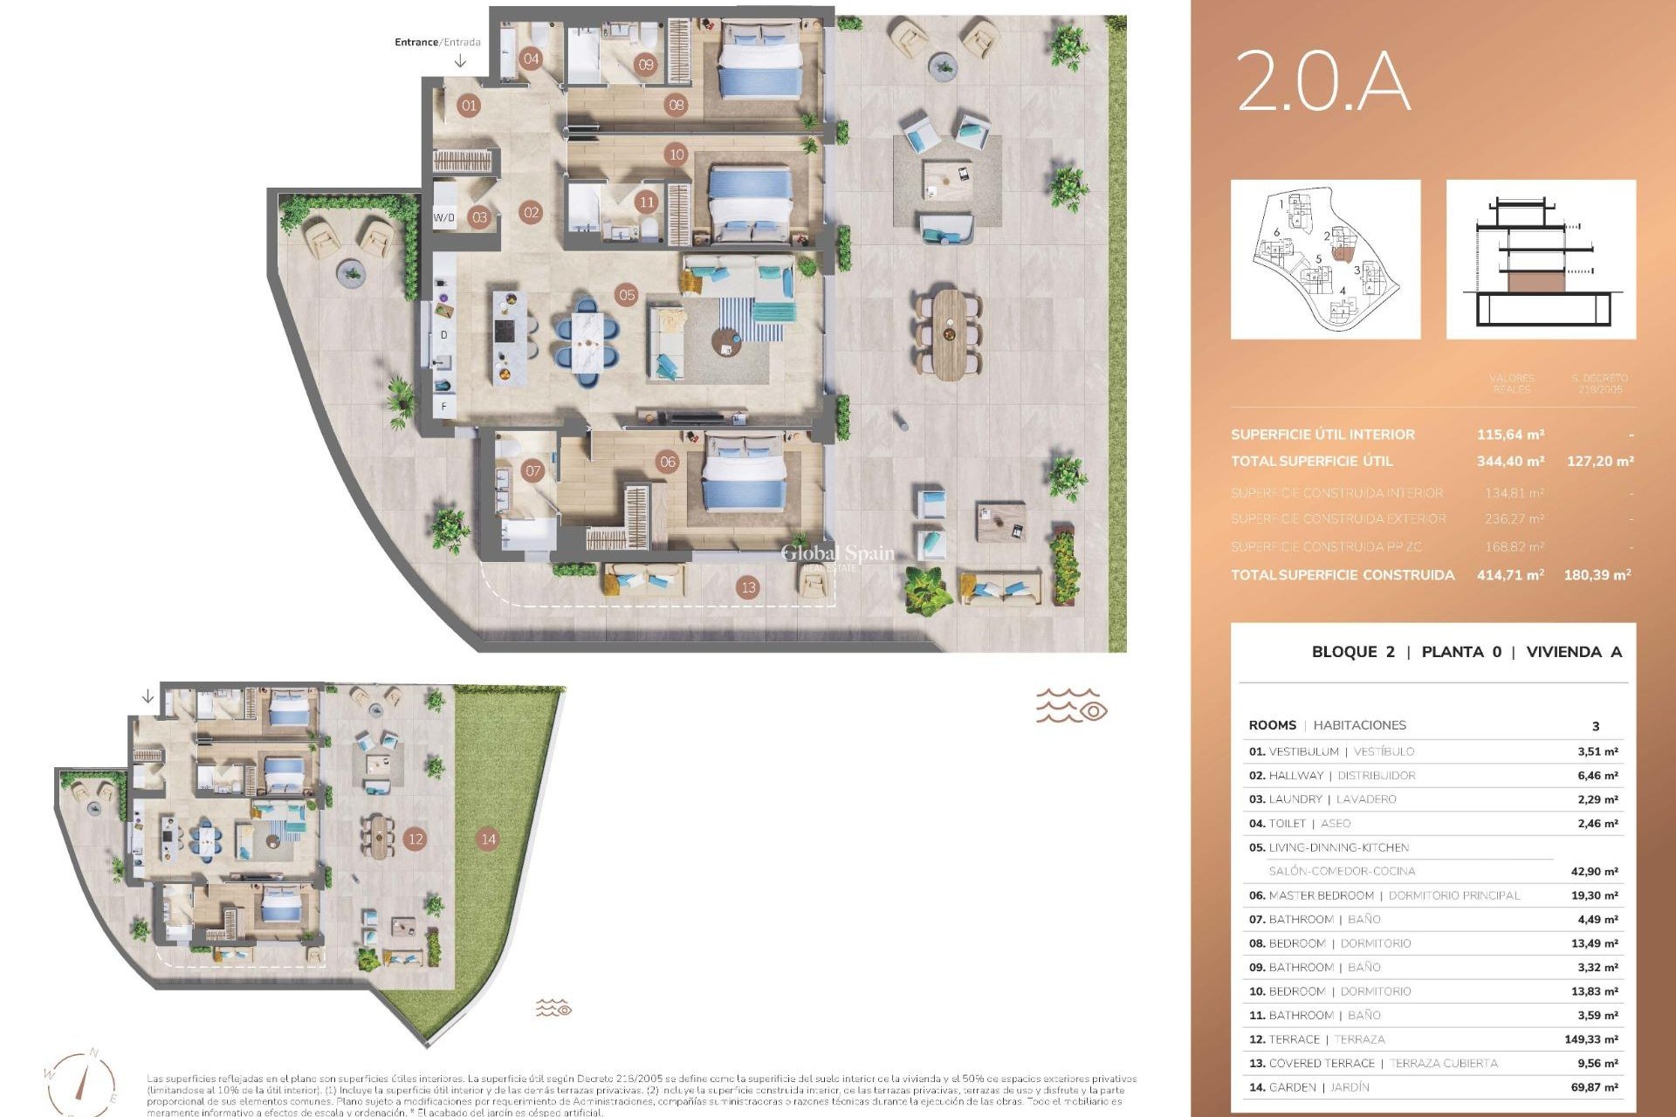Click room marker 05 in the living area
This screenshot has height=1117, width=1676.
[627, 295]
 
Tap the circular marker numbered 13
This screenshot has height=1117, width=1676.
[748, 587]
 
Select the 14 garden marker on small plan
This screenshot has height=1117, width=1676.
[488, 839]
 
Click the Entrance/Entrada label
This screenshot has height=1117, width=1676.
[437, 42]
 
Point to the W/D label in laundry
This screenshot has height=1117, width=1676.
[444, 217]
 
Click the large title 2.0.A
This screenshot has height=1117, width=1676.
[1322, 81]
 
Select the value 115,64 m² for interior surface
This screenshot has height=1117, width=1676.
[1510, 435]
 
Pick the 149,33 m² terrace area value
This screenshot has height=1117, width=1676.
[1590, 1039]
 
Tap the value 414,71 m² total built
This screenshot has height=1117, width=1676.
[1510, 575]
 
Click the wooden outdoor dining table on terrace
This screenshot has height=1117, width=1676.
[949, 334]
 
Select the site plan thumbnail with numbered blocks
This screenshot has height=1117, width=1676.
[1325, 259]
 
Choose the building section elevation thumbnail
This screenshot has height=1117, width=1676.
[1541, 259]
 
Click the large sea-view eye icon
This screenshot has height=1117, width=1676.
[1072, 706]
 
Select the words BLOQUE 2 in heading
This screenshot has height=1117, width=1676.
[1353, 652]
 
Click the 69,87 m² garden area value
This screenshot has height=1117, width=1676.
[1597, 1087]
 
